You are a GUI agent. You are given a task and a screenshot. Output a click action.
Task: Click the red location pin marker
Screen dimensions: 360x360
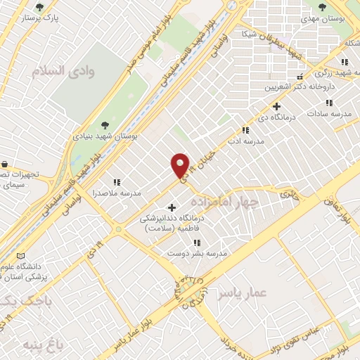[181, 165]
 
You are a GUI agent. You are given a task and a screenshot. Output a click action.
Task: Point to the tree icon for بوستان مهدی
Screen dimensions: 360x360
[322, 8]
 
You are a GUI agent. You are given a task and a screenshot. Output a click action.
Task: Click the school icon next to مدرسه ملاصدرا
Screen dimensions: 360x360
[116, 182]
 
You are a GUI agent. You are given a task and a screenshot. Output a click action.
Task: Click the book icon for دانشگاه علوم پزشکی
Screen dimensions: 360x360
[20, 254]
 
